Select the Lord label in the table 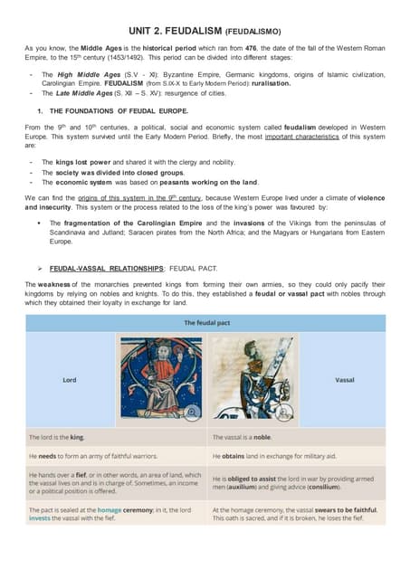pos(69,380)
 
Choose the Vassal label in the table pos(345,380)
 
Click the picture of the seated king pos(161,379)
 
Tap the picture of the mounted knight pos(252,379)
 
